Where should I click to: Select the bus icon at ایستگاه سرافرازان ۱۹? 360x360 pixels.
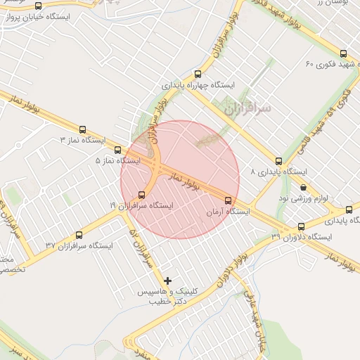[142, 194]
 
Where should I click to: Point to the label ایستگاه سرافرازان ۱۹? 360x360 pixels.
[141, 205]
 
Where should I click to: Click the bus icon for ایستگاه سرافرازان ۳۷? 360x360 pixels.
[79, 236]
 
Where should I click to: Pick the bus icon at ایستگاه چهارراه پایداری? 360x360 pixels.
[198, 75]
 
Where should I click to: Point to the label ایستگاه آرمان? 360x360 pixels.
[228, 211]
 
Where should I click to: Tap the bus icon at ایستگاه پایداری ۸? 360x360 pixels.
[279, 161]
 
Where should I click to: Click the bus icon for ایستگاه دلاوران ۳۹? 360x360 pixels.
[302, 226]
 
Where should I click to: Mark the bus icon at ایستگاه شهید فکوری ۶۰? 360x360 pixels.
[343, 53]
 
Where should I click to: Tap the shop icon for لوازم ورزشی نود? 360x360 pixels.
[303, 188]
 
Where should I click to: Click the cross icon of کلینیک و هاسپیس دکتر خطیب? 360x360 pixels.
[167, 281]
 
